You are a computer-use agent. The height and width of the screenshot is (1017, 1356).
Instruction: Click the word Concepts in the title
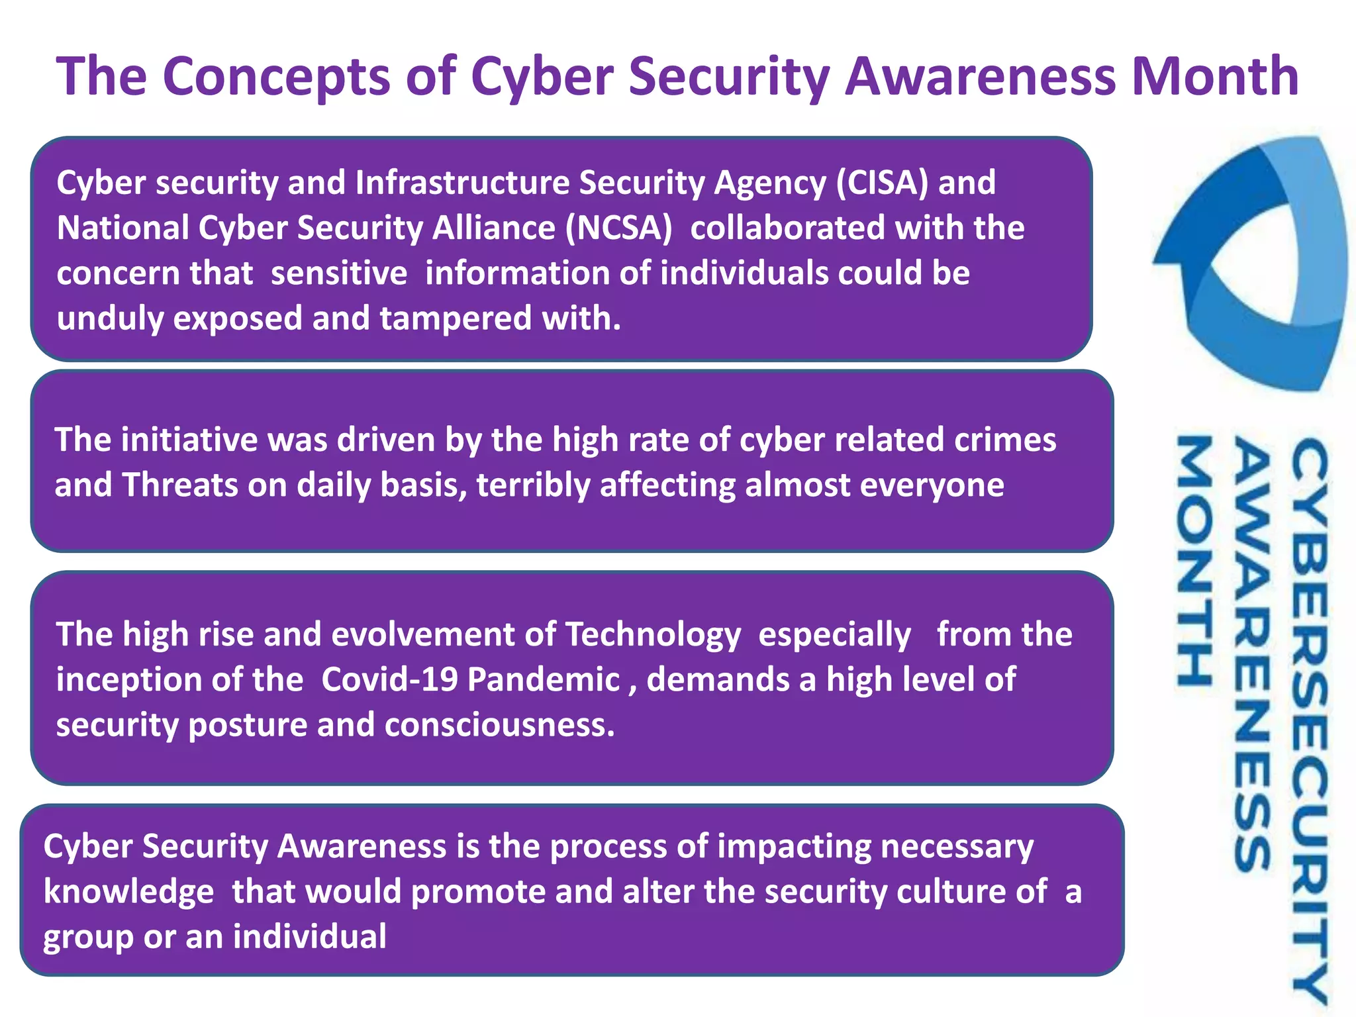tap(276, 76)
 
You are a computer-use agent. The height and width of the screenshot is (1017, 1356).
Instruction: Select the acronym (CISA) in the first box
tap(882, 183)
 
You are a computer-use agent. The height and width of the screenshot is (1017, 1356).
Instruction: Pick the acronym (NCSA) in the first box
tap(618, 228)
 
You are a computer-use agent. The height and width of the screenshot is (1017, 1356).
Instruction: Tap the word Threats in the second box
tap(180, 485)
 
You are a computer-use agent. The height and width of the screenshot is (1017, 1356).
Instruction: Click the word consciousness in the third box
tap(500, 725)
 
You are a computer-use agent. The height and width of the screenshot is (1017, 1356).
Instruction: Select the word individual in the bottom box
tap(309, 937)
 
